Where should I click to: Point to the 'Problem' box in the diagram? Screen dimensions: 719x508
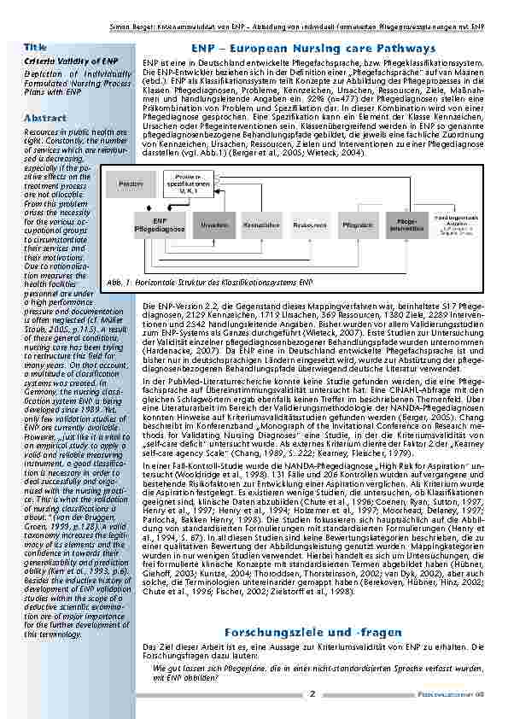pos(131,184)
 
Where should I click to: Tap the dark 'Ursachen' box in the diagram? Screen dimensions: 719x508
pos(214,225)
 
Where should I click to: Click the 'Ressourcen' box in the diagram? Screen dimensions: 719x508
pos(309,225)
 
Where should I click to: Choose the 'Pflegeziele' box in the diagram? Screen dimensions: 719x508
pos(357,225)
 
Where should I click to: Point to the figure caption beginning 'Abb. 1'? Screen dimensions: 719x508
pos(211,281)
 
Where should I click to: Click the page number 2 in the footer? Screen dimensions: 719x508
pos(312,694)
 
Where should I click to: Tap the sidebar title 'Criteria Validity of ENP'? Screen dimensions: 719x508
pos(71,62)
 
